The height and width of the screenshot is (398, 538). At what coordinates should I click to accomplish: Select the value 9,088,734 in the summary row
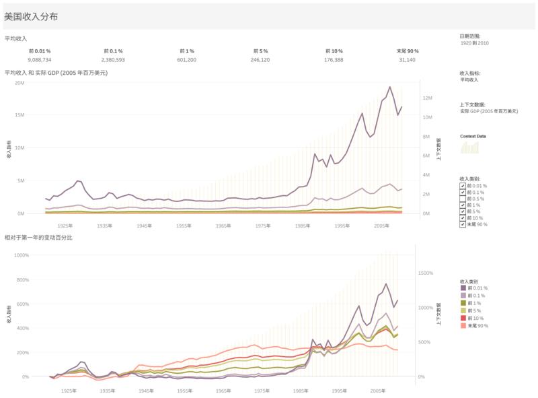(x=39, y=59)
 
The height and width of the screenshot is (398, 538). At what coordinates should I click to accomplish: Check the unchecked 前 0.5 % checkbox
(x=463, y=199)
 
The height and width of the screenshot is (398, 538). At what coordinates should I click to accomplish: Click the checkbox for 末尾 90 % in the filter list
(x=463, y=224)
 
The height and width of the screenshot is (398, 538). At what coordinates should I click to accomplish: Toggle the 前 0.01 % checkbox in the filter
(x=463, y=186)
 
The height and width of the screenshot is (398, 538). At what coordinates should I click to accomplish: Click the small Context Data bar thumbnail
(x=469, y=147)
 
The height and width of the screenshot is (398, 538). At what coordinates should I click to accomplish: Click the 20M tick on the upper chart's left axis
(x=20, y=83)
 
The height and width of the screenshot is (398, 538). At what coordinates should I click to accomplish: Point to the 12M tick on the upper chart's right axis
(x=426, y=98)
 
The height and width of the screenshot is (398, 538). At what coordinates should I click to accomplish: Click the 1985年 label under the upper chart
(x=305, y=226)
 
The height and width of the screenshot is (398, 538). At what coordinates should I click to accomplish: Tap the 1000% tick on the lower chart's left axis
(x=18, y=255)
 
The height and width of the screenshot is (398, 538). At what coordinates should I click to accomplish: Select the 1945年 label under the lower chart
(x=143, y=389)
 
